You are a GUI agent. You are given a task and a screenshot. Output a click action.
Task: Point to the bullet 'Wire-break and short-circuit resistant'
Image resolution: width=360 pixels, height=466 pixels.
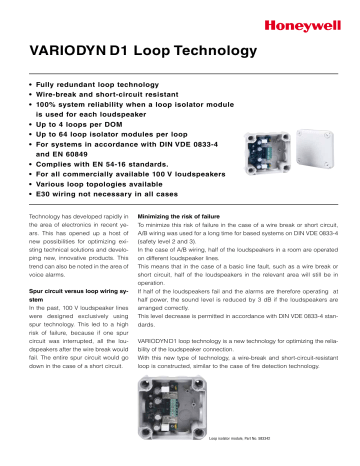(109, 90)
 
